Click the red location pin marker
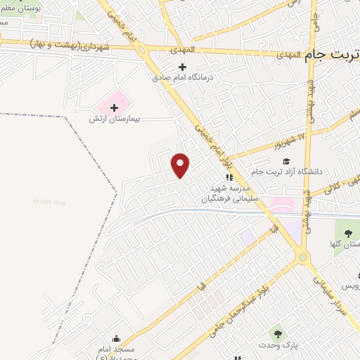click(181, 165)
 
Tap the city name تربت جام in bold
click(333, 55)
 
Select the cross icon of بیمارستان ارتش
click(114, 108)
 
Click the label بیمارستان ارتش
click(115, 120)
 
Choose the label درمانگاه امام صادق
click(181, 78)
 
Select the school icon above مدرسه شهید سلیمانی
click(228, 177)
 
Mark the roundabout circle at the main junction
click(304, 257)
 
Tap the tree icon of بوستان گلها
click(347, 233)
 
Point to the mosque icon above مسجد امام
click(116, 338)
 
